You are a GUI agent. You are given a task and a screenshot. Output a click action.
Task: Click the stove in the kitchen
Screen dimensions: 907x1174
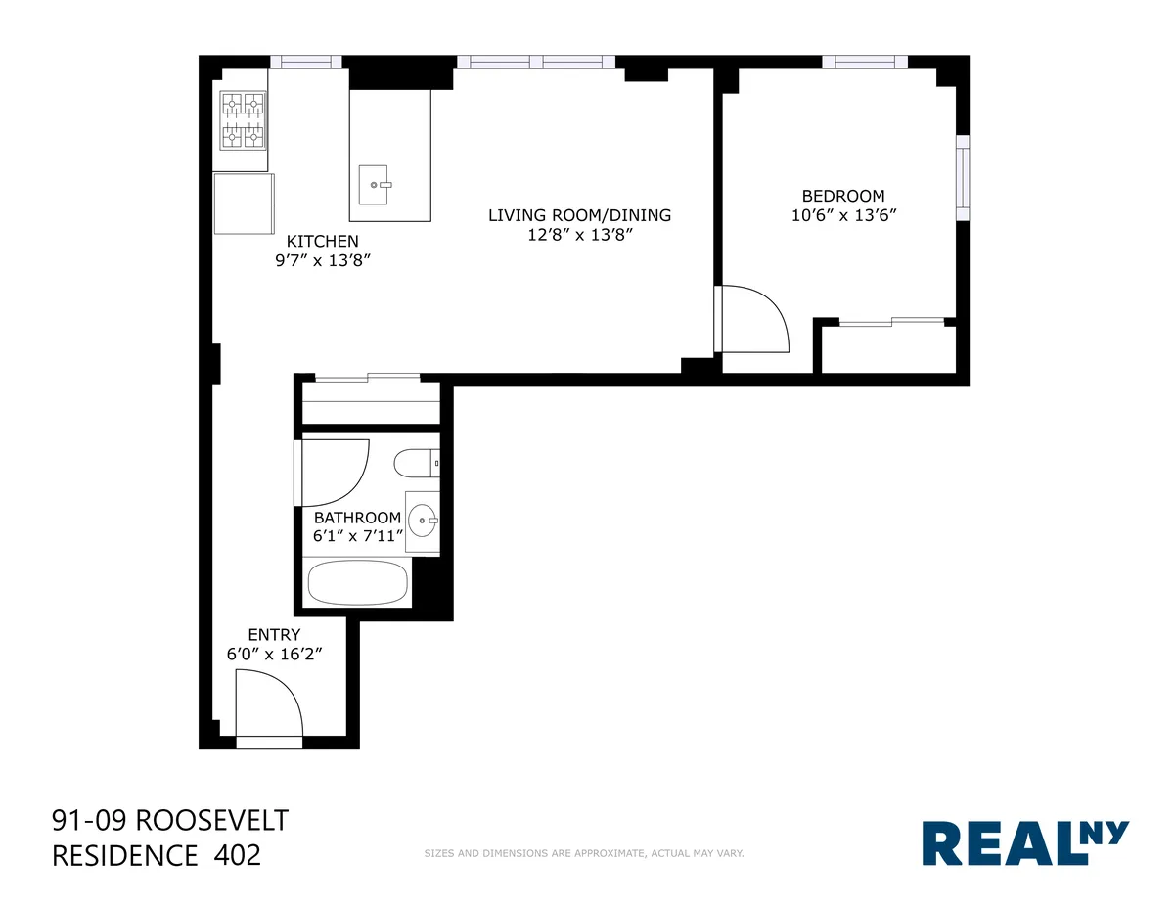(243, 119)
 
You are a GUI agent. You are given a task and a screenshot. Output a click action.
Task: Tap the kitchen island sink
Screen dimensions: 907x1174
(376, 183)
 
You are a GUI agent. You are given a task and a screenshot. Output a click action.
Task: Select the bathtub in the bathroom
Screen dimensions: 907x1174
(357, 583)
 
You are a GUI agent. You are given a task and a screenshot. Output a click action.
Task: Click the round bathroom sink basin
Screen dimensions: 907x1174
(423, 520)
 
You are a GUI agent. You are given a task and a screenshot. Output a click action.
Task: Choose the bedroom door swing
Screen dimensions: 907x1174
(753, 317)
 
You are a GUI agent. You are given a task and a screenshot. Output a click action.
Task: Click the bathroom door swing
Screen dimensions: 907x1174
(333, 472)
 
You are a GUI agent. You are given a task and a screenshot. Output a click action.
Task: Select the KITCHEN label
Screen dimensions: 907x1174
(322, 241)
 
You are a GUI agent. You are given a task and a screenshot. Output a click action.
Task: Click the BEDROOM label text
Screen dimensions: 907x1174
(842, 196)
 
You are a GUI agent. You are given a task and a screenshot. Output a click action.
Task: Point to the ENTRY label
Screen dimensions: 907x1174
(274, 634)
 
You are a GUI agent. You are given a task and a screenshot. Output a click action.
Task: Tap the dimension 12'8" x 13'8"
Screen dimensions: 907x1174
(580, 235)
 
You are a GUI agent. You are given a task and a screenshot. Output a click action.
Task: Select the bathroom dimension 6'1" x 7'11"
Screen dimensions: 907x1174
(357, 536)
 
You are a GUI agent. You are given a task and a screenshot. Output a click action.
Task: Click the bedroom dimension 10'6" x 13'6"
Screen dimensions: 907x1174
(843, 215)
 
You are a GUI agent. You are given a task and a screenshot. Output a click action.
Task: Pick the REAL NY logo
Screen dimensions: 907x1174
(1025, 842)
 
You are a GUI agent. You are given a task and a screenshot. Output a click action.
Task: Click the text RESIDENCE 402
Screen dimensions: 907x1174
(156, 855)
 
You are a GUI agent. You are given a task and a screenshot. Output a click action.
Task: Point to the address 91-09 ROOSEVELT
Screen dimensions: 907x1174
(169, 819)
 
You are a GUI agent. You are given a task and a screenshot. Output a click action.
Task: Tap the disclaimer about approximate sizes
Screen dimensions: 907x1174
(584, 853)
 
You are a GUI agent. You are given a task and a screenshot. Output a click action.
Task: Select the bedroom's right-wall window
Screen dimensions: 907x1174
(963, 177)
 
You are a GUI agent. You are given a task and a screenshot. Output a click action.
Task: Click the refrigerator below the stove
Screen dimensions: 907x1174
(244, 204)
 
